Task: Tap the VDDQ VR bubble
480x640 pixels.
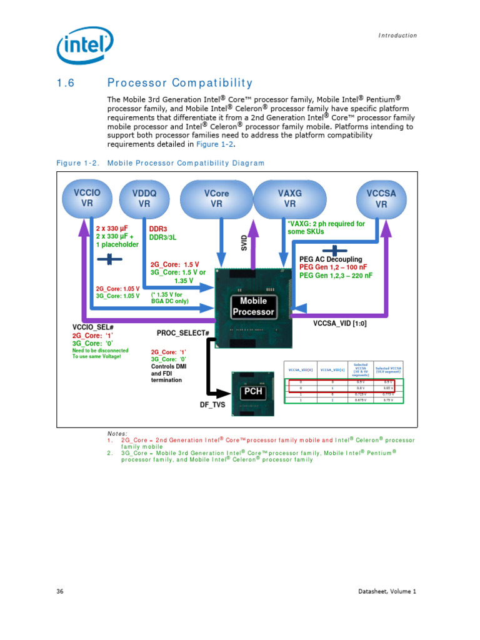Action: pyautogui.click(x=144, y=198)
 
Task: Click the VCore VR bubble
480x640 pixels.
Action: pyautogui.click(x=217, y=198)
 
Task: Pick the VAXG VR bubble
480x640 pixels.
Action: pyautogui.click(x=289, y=198)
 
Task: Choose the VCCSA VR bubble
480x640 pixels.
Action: pyautogui.click(x=381, y=198)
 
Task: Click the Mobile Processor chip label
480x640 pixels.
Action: pyautogui.click(x=253, y=306)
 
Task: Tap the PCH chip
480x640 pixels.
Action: pyautogui.click(x=253, y=392)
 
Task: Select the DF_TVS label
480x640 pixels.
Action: pyautogui.click(x=212, y=405)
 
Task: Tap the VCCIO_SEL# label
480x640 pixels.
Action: pyautogui.click(x=93, y=327)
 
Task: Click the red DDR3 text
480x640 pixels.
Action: pyautogui.click(x=159, y=229)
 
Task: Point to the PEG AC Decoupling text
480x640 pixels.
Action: pyautogui.click(x=331, y=259)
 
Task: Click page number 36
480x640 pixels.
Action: pyautogui.click(x=61, y=591)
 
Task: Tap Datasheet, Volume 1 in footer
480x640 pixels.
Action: pyautogui.click(x=387, y=591)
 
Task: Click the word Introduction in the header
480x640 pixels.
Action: pyautogui.click(x=397, y=36)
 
